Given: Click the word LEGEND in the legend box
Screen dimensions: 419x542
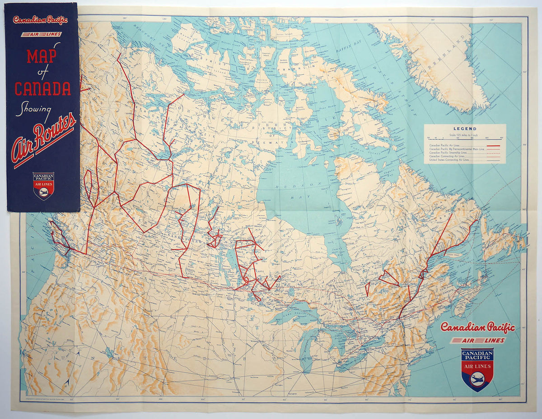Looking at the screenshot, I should coord(464,129).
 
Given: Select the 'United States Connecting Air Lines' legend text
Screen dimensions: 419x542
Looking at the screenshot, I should coord(449,160).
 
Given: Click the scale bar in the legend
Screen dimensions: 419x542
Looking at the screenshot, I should coord(464,138).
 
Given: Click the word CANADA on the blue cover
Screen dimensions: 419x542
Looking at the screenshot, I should coord(42,88).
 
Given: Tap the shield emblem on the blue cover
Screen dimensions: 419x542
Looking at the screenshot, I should coord(43,185).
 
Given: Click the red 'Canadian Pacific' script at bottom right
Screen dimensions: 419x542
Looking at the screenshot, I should coord(477,327).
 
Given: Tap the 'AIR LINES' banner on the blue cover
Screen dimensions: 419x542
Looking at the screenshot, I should coord(42,34).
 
